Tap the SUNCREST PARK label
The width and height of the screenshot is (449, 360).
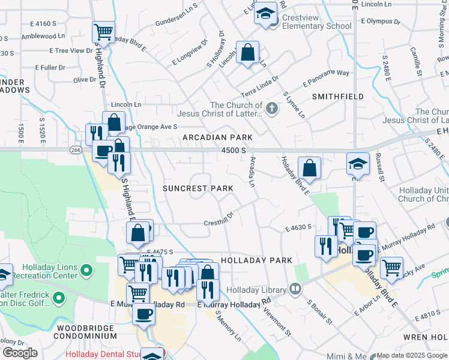coord(197,188)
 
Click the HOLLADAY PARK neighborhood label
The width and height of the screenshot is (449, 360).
coord(256,260)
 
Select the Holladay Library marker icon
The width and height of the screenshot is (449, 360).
coord(295,289)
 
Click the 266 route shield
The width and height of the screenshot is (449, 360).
coord(75,149)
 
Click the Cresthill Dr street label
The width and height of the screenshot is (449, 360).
coord(217,223)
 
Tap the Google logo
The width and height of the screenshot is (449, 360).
coord(19,353)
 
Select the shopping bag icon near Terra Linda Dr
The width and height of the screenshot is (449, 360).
coord(247,52)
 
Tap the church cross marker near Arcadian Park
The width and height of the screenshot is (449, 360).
coord(272,109)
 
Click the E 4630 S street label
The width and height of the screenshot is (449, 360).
coord(298,228)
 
